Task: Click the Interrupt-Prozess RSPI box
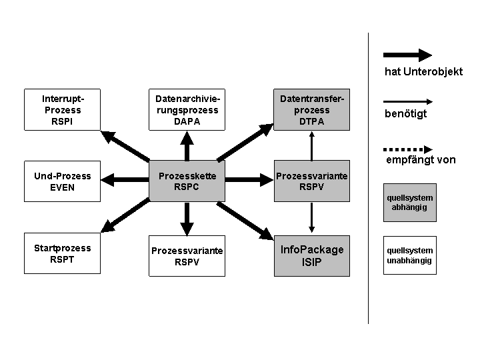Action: [x=62, y=109]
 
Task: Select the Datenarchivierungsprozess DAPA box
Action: [x=187, y=109]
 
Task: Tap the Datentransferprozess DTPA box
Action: [x=311, y=109]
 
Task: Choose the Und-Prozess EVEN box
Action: [x=62, y=181]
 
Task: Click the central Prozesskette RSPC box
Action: [x=187, y=181]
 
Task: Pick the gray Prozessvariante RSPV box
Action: [x=311, y=181]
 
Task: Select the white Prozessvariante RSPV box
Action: [x=187, y=256]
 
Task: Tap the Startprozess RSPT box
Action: [x=62, y=253]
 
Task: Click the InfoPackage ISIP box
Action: [x=311, y=256]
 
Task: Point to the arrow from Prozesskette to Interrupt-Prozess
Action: [x=125, y=146]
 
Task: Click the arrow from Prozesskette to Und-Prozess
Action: [x=125, y=180]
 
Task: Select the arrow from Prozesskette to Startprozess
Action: [x=125, y=215]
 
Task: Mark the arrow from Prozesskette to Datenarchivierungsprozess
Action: [x=187, y=146]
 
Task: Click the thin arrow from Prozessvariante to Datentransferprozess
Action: [x=311, y=146]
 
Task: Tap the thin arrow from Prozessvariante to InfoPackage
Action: [x=311, y=217]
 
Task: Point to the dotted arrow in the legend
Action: [x=408, y=149]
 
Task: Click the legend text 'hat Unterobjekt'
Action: [x=424, y=71]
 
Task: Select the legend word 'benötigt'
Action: [x=405, y=113]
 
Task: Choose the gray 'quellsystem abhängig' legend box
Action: [x=409, y=203]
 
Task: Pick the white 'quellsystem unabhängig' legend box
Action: [x=409, y=255]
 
